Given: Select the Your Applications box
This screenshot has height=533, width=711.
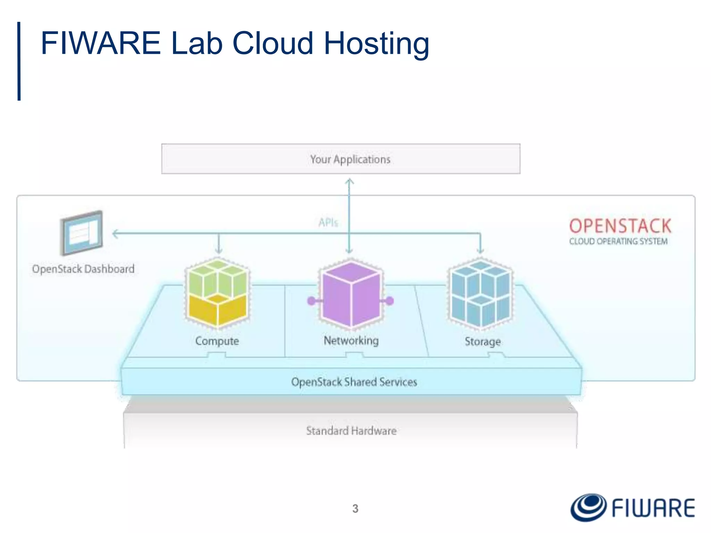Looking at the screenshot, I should tap(341, 159).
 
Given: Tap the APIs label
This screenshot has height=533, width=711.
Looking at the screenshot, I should tap(328, 222).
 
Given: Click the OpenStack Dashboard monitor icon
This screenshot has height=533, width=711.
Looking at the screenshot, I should tap(82, 233).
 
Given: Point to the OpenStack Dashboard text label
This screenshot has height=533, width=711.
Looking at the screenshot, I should tap(83, 269).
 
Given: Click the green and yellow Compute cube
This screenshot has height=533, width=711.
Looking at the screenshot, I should tap(218, 293).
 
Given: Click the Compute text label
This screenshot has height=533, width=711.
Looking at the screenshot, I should tap(217, 341).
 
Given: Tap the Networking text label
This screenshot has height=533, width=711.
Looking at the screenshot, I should tap(351, 340).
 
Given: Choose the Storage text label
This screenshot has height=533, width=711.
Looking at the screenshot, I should tap(483, 341).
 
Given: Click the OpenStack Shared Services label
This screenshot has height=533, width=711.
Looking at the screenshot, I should tap(354, 382).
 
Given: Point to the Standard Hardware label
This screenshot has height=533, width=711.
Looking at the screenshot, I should tap(351, 431).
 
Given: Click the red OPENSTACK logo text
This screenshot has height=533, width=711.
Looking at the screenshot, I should tap(620, 226).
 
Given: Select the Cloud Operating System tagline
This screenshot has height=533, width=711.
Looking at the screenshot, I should tap(618, 241).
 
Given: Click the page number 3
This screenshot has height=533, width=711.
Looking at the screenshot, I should tap(355, 509).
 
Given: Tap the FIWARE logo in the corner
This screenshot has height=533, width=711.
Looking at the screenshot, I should tap(633, 508).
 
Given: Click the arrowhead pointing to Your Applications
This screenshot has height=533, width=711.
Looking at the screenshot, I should tap(350, 181).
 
